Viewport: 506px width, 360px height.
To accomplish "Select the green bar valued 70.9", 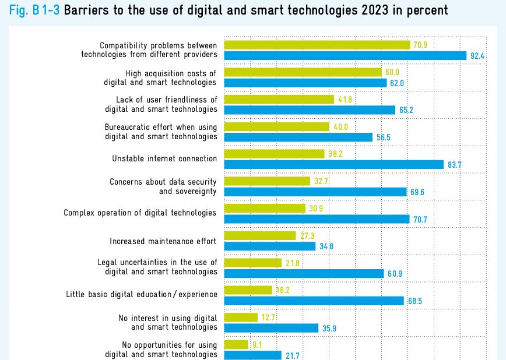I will click(x=317, y=45).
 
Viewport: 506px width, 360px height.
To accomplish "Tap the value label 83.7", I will click(x=455, y=165).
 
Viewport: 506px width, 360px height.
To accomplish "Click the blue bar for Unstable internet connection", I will click(x=333, y=165).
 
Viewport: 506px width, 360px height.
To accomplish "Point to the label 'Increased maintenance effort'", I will click(x=163, y=241).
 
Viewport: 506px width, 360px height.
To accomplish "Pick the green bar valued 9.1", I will click(x=236, y=345).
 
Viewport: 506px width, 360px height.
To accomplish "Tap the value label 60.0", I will click(x=392, y=72).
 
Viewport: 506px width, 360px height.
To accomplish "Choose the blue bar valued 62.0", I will click(x=305, y=83).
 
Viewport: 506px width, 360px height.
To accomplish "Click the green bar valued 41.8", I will click(x=279, y=100).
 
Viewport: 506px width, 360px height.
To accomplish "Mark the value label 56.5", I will click(x=383, y=137).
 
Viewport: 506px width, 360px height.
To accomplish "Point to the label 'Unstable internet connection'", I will click(x=164, y=158).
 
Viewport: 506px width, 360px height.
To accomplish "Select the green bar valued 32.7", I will click(x=267, y=181).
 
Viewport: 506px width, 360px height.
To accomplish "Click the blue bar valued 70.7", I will click(x=317, y=219).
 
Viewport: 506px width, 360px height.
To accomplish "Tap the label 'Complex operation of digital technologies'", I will click(x=140, y=213).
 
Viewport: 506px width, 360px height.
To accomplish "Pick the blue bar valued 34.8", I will click(x=269, y=246).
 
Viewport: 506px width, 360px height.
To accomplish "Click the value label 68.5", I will click(x=415, y=301).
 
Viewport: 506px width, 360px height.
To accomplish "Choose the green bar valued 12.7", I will click(x=241, y=317).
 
